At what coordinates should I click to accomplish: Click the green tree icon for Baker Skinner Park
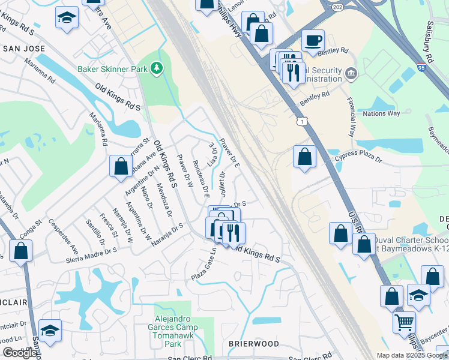click(x=157, y=68)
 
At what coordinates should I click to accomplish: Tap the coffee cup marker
click(x=313, y=41)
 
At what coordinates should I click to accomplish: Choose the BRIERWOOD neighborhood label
click(x=253, y=343)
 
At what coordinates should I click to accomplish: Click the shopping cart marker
click(x=404, y=322)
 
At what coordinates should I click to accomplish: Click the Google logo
click(x=20, y=353)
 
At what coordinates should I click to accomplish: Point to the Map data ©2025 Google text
click(x=412, y=355)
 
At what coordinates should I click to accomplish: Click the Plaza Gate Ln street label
click(x=203, y=263)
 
